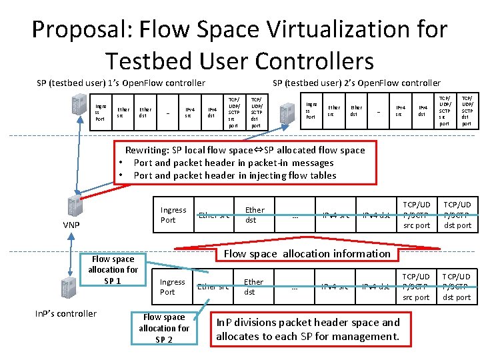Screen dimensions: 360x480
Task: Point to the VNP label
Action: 71,225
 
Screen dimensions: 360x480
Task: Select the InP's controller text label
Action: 66,313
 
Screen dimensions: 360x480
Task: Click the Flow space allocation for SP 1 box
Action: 113,269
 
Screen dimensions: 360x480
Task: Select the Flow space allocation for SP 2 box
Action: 164,328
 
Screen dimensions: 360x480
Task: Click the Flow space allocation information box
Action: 307,253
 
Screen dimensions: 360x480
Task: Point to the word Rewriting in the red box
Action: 148,150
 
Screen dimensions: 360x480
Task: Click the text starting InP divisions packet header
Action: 307,329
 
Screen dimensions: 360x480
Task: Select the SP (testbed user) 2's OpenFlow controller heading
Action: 357,83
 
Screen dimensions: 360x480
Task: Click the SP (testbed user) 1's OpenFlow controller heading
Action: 121,83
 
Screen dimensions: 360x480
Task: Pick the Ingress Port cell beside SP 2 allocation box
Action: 172,287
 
